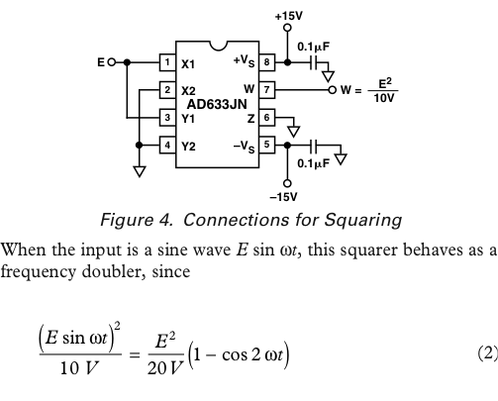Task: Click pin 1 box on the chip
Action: click(x=167, y=62)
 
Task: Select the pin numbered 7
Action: click(x=266, y=90)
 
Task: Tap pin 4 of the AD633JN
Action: click(x=167, y=145)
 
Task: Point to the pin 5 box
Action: click(x=266, y=145)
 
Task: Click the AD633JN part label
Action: click(x=217, y=105)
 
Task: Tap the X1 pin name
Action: click(x=188, y=64)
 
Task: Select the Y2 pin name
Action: click(x=188, y=147)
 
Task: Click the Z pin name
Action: click(x=250, y=119)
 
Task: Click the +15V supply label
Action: click(x=289, y=16)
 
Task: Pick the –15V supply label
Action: click(x=284, y=197)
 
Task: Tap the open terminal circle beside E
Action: click(x=112, y=62)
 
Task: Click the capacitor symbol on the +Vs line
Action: click(x=314, y=62)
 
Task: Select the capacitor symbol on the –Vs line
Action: click(x=314, y=145)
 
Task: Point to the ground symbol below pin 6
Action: click(x=293, y=132)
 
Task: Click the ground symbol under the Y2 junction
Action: click(x=140, y=171)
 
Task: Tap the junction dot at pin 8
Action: click(x=287, y=62)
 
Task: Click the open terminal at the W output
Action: click(x=333, y=90)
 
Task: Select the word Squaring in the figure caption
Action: click(x=363, y=220)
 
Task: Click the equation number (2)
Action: click(x=488, y=353)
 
